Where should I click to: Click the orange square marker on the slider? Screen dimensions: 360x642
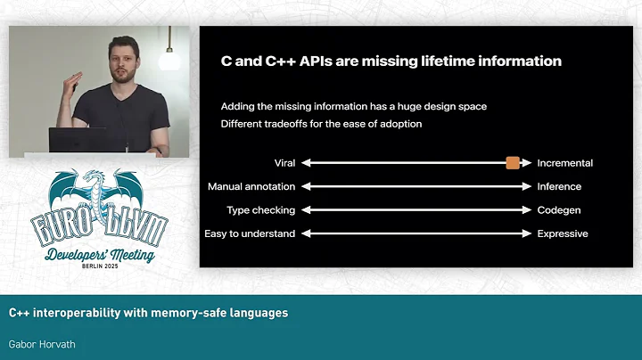point(513,163)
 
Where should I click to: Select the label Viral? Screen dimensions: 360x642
point(284,163)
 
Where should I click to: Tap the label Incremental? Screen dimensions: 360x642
point(564,163)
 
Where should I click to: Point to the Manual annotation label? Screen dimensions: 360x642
point(251,187)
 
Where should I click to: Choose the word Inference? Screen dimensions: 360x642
point(559,187)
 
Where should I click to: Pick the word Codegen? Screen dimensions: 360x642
point(558,210)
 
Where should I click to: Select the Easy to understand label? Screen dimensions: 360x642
point(250,233)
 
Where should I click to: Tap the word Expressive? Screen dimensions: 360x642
point(563,233)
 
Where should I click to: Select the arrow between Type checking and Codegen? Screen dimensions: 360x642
point(416,210)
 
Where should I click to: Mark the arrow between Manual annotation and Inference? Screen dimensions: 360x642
point(416,187)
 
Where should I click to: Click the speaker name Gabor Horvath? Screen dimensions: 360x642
point(41,343)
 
